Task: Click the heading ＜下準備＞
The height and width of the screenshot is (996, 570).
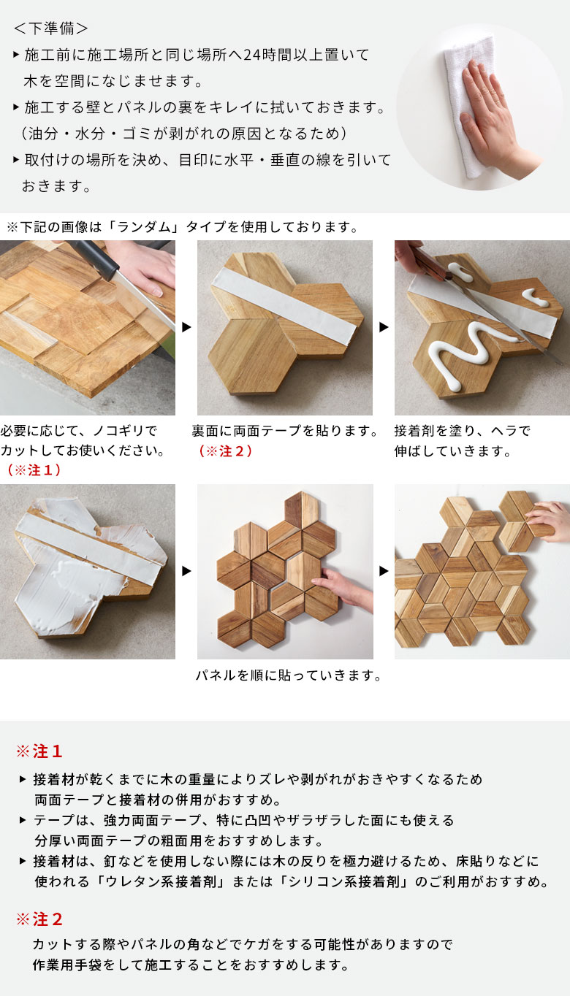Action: coord(51,28)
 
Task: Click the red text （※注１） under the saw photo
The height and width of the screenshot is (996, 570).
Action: coord(33,470)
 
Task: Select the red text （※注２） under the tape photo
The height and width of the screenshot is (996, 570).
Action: coord(225,451)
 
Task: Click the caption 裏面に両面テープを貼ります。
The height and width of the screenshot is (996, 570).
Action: coord(286,431)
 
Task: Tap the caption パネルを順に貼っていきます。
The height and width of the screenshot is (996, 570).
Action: coord(289,676)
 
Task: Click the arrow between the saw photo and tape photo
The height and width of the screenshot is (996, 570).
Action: coord(186,327)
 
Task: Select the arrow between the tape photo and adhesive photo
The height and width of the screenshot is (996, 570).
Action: coord(384,327)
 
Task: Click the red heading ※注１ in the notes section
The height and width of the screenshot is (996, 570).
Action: coord(40,751)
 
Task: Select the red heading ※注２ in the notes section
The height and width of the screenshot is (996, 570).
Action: coord(40,919)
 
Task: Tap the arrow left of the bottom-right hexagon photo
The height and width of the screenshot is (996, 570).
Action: coord(384,571)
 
